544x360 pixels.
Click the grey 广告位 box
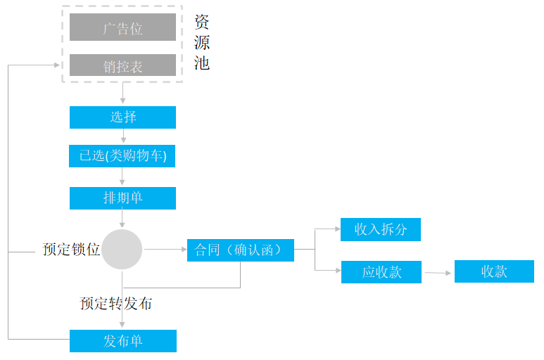pyautogui.click(x=122, y=27)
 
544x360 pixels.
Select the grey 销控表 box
pyautogui.click(x=122, y=65)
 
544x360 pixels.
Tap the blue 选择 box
pyautogui.click(x=122, y=117)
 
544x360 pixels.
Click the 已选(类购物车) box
pyautogui.click(x=122, y=156)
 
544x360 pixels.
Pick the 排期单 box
pyautogui.click(x=122, y=198)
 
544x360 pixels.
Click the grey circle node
pyautogui.click(x=122, y=249)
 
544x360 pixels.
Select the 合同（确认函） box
pyautogui.click(x=241, y=250)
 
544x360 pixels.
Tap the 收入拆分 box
pyautogui.click(x=381, y=229)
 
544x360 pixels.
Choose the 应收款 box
pyautogui.click(x=381, y=272)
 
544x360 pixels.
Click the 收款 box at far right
pyautogui.click(x=494, y=271)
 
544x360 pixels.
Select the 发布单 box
pyautogui.click(x=123, y=341)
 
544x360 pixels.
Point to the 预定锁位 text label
pyautogui.click(x=71, y=249)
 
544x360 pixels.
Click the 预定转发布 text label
pyautogui.click(x=116, y=304)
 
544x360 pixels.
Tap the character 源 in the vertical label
pyautogui.click(x=201, y=43)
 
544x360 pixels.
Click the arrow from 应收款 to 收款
pyautogui.click(x=438, y=273)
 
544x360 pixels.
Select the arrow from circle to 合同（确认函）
pyautogui.click(x=165, y=249)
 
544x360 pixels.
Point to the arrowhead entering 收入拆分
pyautogui.click(x=338, y=229)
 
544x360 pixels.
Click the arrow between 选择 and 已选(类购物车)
pyautogui.click(x=123, y=136)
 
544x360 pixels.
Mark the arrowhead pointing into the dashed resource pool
pyautogui.click(x=57, y=65)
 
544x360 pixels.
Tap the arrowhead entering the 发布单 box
pyautogui.click(x=122, y=325)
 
